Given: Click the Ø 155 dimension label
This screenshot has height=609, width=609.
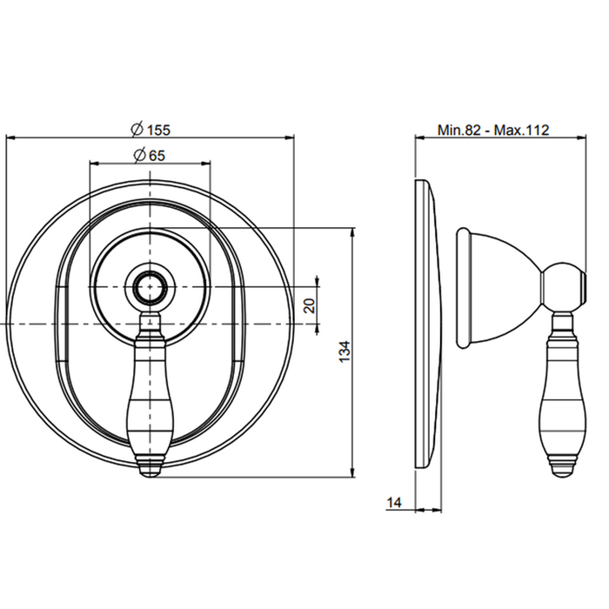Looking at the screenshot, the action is pyautogui.click(x=151, y=129).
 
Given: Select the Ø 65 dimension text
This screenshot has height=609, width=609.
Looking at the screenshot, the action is pyautogui.click(x=150, y=155).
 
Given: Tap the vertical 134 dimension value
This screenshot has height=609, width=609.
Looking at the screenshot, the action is pyautogui.click(x=345, y=351).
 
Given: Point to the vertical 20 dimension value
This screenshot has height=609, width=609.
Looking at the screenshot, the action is pyautogui.click(x=310, y=305).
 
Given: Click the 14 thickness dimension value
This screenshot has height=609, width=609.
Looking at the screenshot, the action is pyautogui.click(x=394, y=503).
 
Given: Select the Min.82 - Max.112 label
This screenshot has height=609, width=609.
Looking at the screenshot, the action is pyautogui.click(x=493, y=130).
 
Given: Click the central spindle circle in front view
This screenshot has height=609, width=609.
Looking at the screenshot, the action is pyautogui.click(x=150, y=287).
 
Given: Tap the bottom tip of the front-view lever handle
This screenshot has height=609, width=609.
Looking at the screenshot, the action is pyautogui.click(x=150, y=477).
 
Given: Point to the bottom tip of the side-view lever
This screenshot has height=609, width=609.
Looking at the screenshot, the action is pyautogui.click(x=562, y=476).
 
